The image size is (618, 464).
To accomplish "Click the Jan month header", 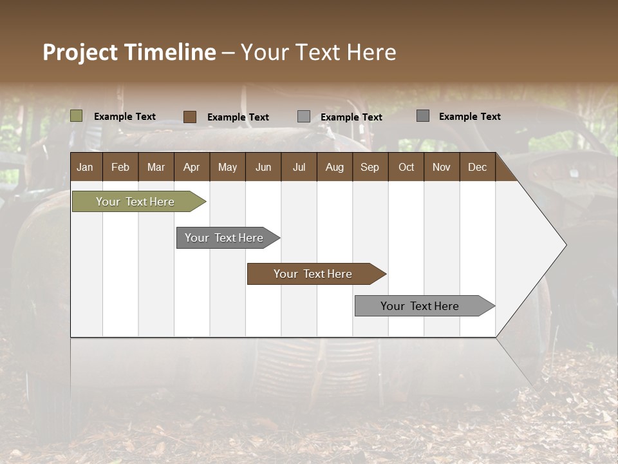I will click(86, 167).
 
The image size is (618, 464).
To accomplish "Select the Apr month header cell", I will click(192, 167).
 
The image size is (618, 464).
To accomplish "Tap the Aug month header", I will click(335, 167).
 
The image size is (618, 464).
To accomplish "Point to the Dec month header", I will click(478, 167).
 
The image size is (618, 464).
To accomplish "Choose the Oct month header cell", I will click(406, 167).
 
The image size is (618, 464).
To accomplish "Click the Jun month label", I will click(263, 167).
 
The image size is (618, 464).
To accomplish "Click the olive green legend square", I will click(77, 116).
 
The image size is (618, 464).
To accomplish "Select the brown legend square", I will click(190, 117).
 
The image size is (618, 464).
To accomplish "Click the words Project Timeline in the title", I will click(129, 52).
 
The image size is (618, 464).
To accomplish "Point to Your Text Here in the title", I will click(318, 52).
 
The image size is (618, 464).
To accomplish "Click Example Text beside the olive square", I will click(125, 117).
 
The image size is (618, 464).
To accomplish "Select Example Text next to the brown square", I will click(238, 117).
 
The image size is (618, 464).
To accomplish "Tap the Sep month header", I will click(370, 167).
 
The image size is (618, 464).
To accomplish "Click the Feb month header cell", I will click(120, 167).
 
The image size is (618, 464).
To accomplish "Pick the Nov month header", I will click(442, 167).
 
